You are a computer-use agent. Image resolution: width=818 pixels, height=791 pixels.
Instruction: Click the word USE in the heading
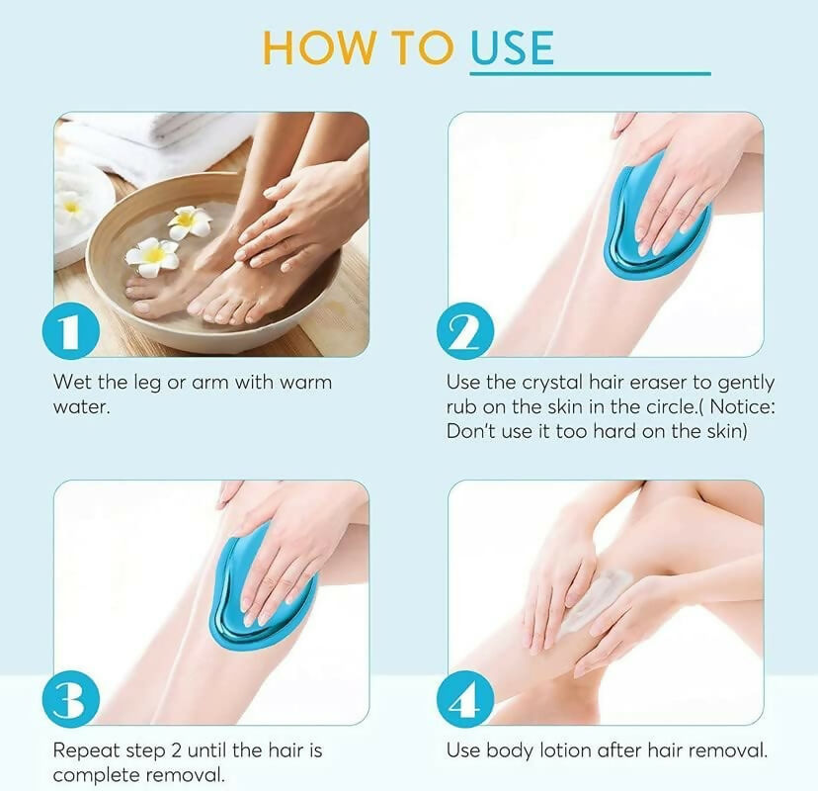[511, 47]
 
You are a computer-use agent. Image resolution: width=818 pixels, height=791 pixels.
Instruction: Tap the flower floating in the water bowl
[153, 255]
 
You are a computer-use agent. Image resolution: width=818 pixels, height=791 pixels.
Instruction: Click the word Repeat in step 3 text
[85, 750]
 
